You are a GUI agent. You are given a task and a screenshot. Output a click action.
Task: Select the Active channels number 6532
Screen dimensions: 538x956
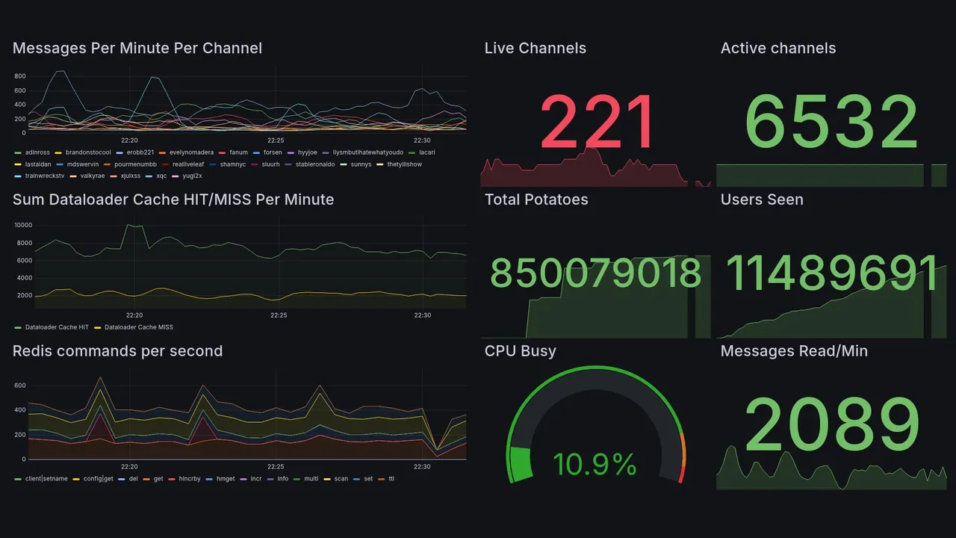point(831,123)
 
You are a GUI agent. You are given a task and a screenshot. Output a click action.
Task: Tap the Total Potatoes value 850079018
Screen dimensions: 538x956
point(595,273)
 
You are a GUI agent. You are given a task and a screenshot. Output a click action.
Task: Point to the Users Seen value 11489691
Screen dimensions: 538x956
point(831,273)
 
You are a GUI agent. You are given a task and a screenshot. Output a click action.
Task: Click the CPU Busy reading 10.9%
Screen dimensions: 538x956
point(595,465)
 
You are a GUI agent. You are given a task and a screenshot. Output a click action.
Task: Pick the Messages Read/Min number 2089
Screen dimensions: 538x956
point(831,425)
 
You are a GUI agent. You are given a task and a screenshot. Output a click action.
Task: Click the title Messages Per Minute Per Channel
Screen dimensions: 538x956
point(137,49)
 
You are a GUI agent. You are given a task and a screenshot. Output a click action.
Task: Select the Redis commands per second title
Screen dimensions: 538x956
point(117,351)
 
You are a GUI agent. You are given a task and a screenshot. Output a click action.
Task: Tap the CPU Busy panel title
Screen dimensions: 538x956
point(520,351)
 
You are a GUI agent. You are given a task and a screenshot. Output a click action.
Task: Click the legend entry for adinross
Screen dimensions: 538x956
point(36,152)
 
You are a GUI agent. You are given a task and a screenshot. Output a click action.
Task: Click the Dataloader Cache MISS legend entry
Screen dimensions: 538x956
point(138,327)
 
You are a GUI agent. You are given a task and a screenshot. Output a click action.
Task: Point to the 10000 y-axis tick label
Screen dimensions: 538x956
point(23,226)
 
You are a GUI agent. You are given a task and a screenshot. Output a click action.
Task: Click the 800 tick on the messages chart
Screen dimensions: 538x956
point(19,76)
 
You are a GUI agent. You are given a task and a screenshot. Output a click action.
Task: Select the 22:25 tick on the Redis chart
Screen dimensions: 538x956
point(276,467)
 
